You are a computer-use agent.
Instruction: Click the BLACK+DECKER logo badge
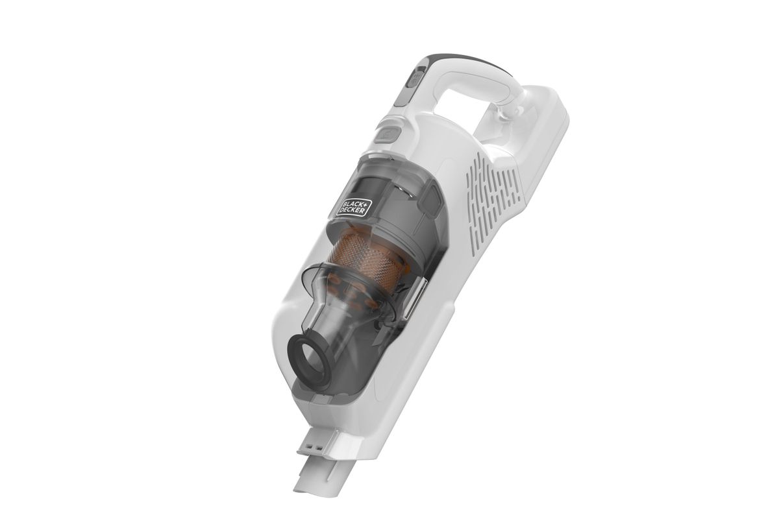coord(353,208)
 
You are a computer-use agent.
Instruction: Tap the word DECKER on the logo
coord(356,210)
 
